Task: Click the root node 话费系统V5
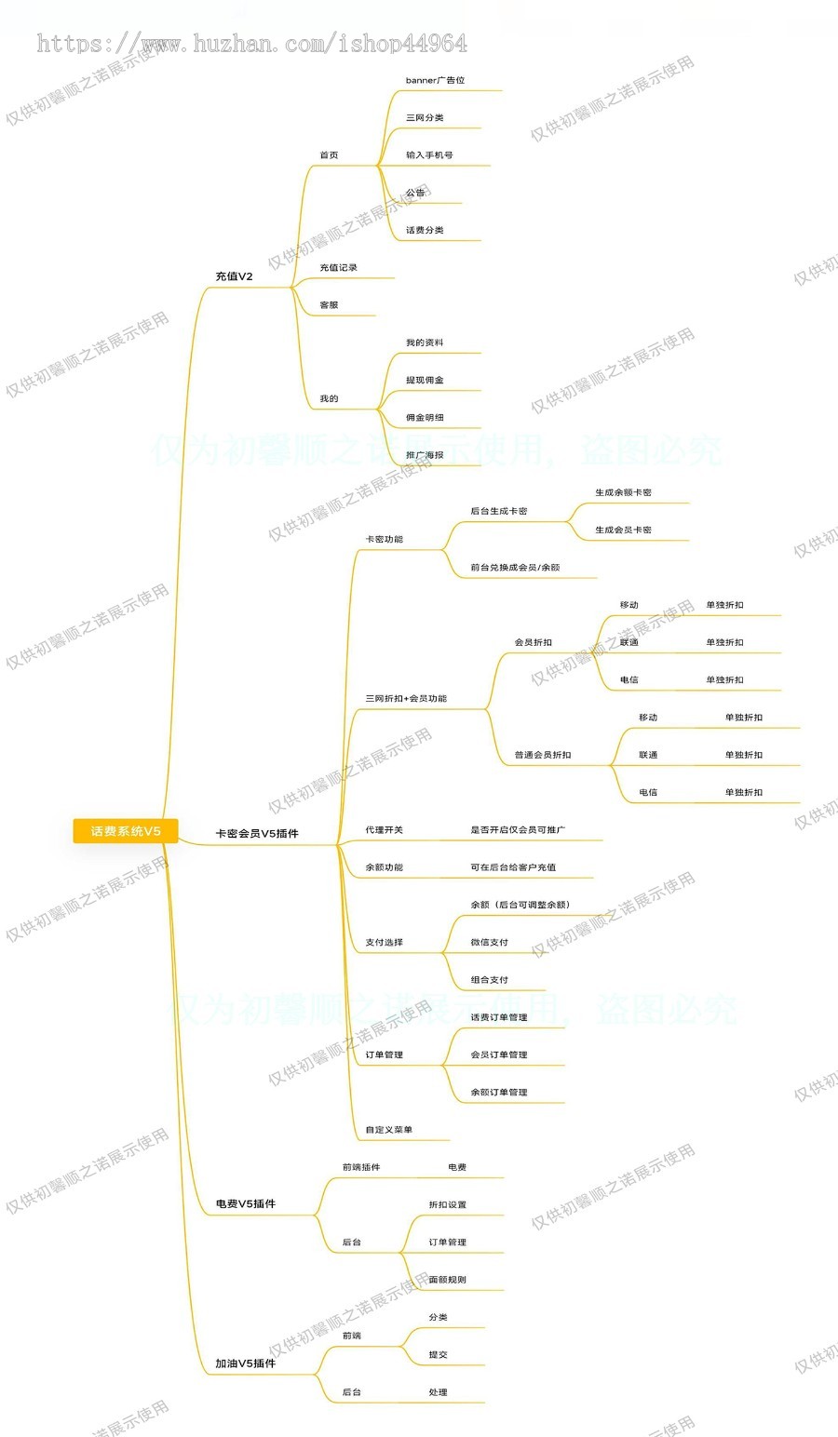(x=126, y=831)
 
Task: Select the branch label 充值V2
(x=234, y=276)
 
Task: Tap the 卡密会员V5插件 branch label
(x=257, y=834)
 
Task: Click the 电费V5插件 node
(x=245, y=1204)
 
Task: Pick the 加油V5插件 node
(x=245, y=1363)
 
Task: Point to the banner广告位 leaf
(x=435, y=81)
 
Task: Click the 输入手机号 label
(x=429, y=155)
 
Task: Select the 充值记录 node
(x=338, y=268)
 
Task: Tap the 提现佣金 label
(x=425, y=381)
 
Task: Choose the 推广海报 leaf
(x=425, y=455)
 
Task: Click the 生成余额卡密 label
(x=623, y=492)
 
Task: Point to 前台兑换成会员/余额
(x=515, y=568)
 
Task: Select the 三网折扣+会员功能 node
(x=406, y=699)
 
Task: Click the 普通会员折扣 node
(x=543, y=755)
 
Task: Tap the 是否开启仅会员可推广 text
(x=518, y=830)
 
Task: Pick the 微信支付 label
(x=490, y=943)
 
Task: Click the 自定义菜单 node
(x=388, y=1130)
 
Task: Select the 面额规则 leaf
(x=448, y=1280)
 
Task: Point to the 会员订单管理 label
(x=499, y=1054)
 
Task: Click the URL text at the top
(x=251, y=43)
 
